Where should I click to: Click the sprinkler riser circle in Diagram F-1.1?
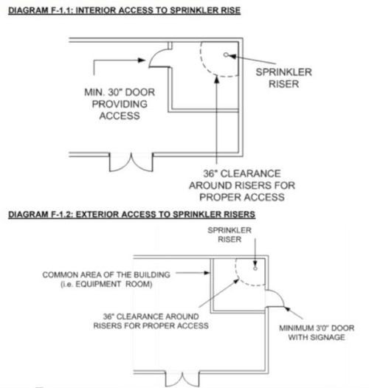click(x=226, y=55)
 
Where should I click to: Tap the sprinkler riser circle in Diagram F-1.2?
click(x=255, y=269)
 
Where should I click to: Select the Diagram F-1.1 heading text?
click(x=124, y=10)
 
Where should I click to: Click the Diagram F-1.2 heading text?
click(x=132, y=215)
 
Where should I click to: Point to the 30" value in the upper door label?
click(x=116, y=92)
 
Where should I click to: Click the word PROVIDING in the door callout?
click(x=120, y=104)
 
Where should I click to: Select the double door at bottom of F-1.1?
click(x=131, y=162)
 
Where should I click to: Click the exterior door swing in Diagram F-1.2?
click(x=275, y=299)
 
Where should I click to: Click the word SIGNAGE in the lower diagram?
click(x=328, y=337)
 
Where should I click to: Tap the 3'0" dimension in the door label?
click(x=323, y=328)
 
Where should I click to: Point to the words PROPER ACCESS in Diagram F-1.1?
click(x=242, y=197)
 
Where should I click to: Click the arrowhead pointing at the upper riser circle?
click(x=232, y=56)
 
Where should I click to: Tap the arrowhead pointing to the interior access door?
click(x=142, y=60)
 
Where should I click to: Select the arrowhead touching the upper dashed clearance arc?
click(x=217, y=80)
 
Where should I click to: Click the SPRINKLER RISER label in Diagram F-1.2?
click(x=230, y=235)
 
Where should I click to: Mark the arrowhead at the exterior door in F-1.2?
click(x=287, y=309)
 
